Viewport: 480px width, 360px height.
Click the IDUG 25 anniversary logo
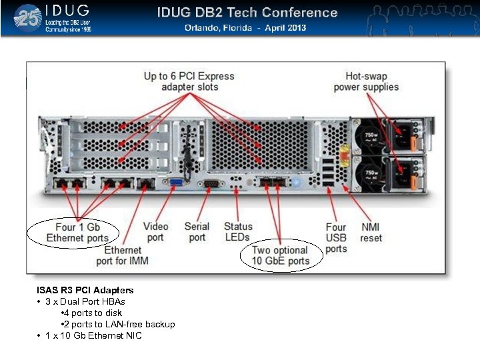tap(28, 18)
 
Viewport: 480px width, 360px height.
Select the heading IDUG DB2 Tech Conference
tap(247, 13)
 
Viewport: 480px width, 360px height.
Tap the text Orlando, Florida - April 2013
tap(245, 28)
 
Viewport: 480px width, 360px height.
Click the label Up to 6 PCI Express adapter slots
tap(189, 81)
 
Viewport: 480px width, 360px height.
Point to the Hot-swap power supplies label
tap(366, 81)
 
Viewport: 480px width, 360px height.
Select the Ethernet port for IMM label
tap(123, 255)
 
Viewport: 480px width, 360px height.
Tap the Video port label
tap(155, 232)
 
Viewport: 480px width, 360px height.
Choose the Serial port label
tap(197, 232)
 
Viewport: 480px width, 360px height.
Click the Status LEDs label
tap(238, 232)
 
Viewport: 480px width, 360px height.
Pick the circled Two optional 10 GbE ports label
tap(280, 255)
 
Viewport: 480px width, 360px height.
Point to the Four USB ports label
tap(336, 238)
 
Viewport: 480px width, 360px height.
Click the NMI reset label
tap(371, 232)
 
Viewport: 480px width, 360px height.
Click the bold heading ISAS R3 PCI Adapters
tap(85, 290)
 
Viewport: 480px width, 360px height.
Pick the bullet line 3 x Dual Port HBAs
tap(89, 301)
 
